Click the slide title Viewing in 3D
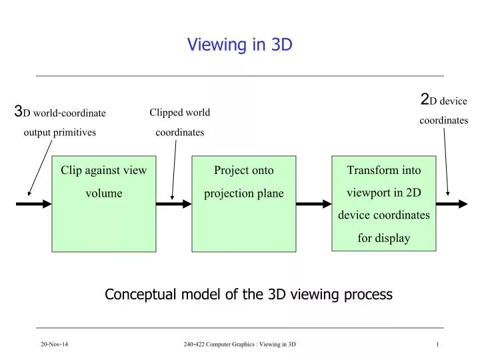(239, 45)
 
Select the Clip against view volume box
(104, 204)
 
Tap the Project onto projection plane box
(244, 204)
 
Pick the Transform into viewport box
(384, 203)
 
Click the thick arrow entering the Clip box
(33, 204)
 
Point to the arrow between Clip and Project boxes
(174, 204)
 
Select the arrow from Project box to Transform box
(313, 204)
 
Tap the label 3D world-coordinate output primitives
(60, 121)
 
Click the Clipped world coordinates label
(179, 122)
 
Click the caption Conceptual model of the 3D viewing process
(249, 294)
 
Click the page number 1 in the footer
(437, 343)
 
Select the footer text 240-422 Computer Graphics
(239, 343)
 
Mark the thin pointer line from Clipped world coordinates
(174, 170)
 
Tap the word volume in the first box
(104, 193)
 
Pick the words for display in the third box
(384, 238)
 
